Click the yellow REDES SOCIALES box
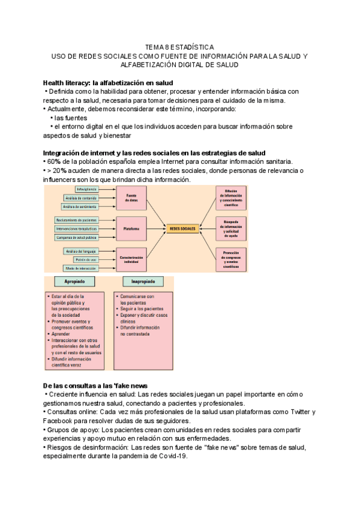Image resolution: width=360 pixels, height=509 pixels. coord(183,229)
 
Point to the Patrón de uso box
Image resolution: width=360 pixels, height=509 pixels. coord(83,259)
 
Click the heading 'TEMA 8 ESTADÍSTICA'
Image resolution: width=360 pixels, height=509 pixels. coord(179,46)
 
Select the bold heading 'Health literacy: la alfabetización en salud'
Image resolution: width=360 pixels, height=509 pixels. coord(108,82)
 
